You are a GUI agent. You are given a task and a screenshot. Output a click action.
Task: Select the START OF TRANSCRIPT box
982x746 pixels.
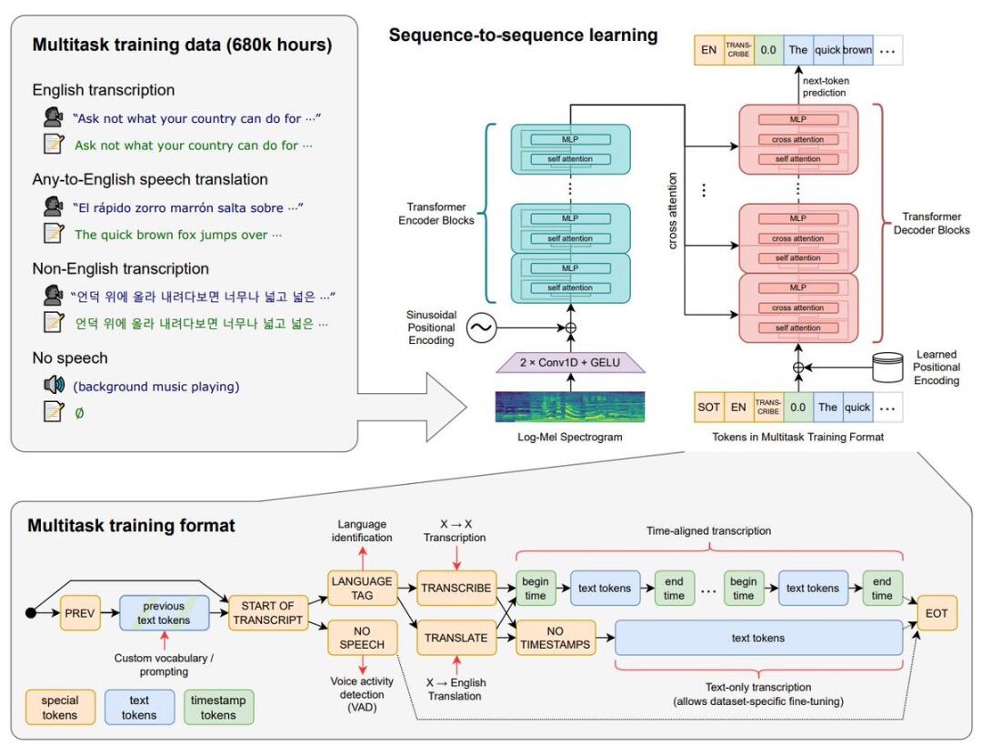[x=267, y=613]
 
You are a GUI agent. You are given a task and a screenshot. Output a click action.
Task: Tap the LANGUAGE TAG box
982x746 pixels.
[x=361, y=588]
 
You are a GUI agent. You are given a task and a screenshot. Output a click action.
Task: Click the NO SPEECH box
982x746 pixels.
[x=361, y=638]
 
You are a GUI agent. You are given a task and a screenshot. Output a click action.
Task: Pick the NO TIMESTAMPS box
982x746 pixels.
[x=555, y=638]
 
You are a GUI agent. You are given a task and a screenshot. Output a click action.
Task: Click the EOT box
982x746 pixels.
[x=937, y=613]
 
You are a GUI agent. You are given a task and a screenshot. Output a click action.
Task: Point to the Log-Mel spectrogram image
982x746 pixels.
[x=569, y=407]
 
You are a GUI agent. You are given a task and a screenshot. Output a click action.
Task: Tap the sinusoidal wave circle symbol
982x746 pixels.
[x=480, y=327]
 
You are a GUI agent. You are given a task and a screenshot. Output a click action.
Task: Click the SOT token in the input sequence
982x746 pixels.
[x=708, y=407]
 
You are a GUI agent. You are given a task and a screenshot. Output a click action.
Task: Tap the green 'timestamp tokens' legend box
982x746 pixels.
[x=219, y=708]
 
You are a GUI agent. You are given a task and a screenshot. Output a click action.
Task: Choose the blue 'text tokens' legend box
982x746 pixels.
[x=140, y=708]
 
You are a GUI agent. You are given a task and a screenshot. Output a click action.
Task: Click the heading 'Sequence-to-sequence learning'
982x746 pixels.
[x=523, y=35]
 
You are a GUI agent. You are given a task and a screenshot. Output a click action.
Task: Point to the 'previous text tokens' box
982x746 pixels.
[x=164, y=613]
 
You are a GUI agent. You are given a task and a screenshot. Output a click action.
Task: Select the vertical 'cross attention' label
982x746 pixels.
[x=674, y=211]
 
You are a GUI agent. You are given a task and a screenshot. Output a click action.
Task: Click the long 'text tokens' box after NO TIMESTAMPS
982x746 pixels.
[x=759, y=638]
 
